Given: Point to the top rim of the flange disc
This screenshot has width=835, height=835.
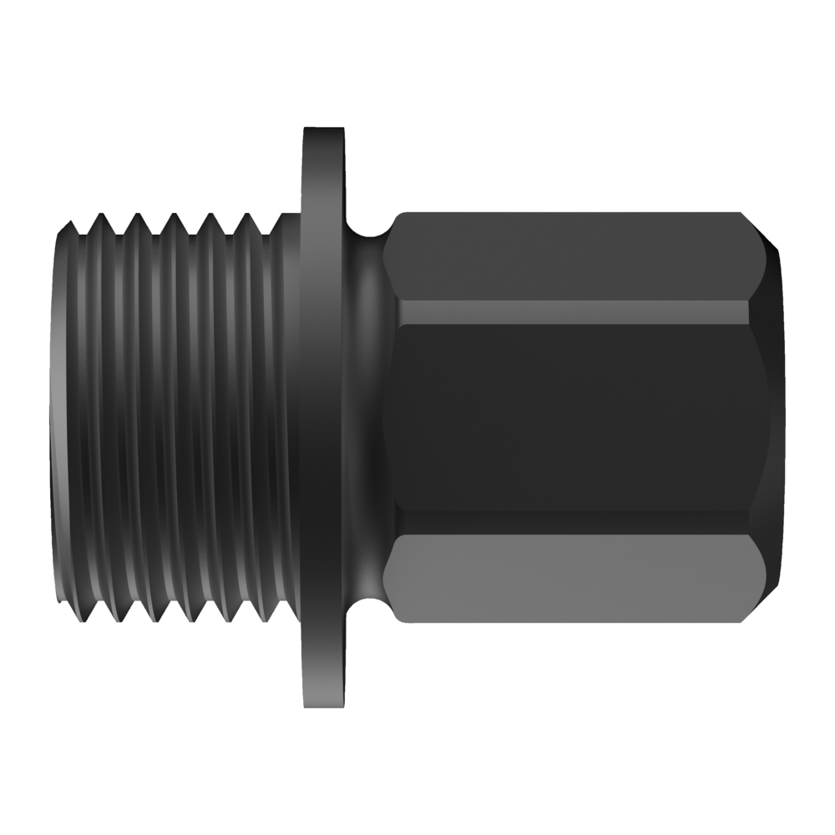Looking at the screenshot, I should (x=323, y=131).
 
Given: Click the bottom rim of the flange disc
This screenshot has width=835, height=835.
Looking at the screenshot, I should (x=323, y=704).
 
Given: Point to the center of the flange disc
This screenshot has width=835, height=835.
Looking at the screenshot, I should (x=323, y=417).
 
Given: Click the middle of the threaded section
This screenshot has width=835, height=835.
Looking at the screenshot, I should (x=175, y=417).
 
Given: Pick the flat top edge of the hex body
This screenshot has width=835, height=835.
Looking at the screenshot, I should (x=568, y=215).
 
